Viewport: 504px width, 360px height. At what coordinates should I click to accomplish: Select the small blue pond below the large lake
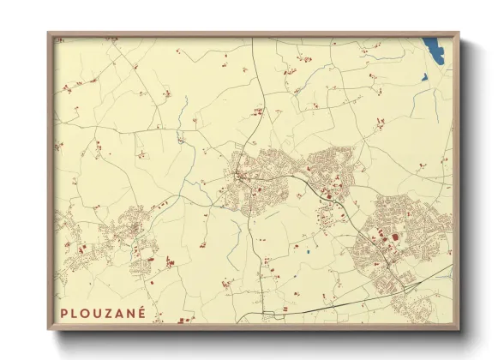pos(424,76)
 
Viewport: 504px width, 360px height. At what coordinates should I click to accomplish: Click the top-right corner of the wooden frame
pos(459,33)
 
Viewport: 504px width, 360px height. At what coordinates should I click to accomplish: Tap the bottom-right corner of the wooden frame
pos(459,330)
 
